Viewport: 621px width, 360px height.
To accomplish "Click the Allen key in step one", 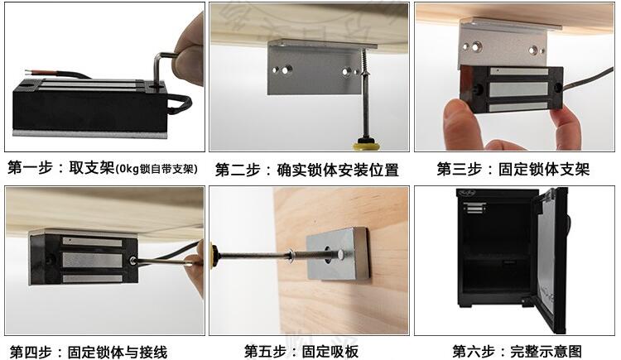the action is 157,67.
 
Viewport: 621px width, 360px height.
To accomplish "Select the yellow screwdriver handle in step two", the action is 368,144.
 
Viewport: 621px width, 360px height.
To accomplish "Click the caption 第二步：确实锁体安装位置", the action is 306,170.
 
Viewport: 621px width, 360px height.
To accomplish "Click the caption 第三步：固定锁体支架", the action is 513,169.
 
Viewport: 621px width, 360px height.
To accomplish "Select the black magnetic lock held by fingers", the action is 512,89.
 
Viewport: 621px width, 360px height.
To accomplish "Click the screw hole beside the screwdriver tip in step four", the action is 133,261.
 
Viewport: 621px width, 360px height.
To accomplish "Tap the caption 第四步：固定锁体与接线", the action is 89,352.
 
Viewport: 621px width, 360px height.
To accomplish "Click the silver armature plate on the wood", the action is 338,252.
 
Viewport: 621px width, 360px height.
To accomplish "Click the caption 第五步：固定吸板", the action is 301,351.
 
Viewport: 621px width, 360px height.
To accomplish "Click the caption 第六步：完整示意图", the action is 517,351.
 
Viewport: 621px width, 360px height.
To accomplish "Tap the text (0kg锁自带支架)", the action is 156,169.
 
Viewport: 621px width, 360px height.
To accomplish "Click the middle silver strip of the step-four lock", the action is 92,260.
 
